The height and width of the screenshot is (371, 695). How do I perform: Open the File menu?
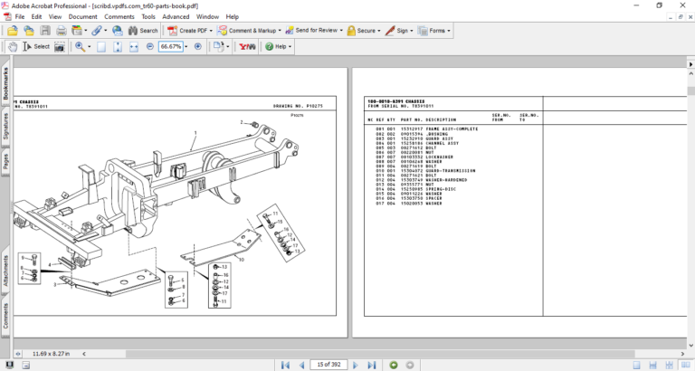(19, 16)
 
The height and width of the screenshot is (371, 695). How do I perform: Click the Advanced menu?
(176, 16)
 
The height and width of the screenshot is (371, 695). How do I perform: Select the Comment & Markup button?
(249, 30)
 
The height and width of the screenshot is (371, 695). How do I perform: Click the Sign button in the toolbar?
(399, 30)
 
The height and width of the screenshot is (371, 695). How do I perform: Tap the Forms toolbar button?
(435, 30)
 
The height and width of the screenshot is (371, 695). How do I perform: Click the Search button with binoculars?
(142, 30)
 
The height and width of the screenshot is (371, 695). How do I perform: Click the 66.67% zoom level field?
(170, 46)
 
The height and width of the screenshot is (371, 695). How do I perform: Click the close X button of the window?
(681, 5)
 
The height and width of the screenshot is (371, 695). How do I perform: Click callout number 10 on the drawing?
(241, 259)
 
